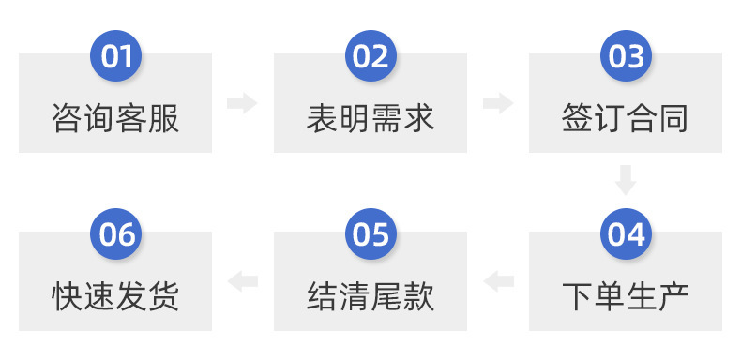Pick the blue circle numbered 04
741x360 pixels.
626,234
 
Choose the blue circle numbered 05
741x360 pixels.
370,234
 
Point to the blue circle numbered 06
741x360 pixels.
115,234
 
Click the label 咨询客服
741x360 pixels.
115,119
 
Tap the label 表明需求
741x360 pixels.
370,119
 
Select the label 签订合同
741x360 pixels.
626,119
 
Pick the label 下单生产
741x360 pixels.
626,297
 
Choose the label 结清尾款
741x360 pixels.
370,297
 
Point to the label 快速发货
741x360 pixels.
115,297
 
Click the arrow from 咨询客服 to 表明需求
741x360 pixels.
242,103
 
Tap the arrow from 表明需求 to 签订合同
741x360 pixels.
498,103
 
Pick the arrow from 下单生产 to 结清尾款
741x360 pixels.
498,280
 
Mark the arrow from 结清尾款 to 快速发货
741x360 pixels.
242,280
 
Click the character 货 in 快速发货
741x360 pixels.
164,297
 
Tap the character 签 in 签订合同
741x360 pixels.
577,119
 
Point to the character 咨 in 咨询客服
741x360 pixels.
67,119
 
